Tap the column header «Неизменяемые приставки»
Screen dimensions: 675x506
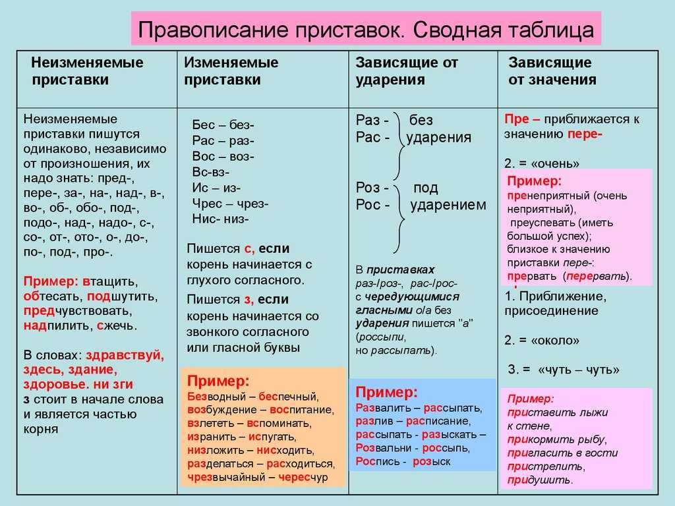point(87,71)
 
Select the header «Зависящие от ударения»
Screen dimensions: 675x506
point(406,71)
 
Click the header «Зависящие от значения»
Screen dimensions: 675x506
point(552,71)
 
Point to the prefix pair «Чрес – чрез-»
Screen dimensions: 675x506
point(230,204)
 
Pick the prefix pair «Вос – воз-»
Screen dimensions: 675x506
point(223,156)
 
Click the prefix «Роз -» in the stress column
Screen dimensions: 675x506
point(372,188)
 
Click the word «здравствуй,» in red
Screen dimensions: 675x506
point(125,355)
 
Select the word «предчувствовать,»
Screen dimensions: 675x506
point(78,311)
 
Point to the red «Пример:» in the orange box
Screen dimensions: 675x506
point(218,381)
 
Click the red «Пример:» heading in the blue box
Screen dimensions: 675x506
point(386,392)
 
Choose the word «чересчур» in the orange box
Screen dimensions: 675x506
point(303,477)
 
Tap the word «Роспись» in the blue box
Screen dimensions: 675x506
point(378,462)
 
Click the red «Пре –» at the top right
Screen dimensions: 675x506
point(522,119)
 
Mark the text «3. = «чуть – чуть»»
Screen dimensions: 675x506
point(564,370)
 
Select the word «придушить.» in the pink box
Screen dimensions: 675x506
point(540,480)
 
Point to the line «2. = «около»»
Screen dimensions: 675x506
point(542,341)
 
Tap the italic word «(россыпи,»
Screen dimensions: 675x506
point(380,337)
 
